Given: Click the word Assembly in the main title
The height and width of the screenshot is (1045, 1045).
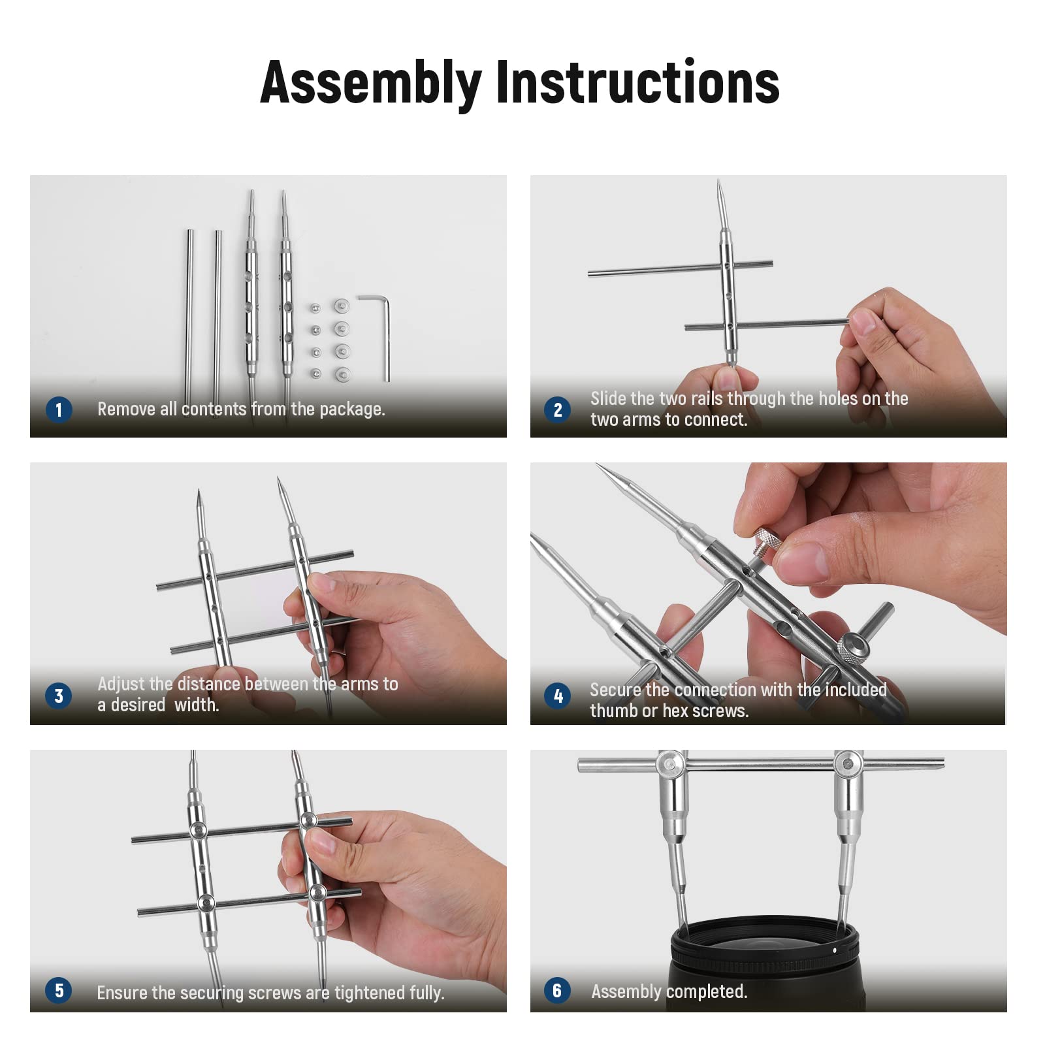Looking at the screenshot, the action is pos(371,83).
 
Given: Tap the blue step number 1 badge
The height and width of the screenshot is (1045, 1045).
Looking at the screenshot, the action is pos(59,410).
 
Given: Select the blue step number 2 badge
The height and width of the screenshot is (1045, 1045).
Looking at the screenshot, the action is pos(557,410).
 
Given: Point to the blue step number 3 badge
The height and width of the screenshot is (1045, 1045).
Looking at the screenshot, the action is pos(59,696).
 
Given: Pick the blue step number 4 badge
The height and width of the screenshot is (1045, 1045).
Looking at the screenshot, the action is pos(557,696).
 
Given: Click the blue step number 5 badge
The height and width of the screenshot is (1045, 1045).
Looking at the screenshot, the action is pos(59,990).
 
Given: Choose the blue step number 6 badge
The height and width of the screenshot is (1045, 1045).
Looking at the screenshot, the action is pos(557,990).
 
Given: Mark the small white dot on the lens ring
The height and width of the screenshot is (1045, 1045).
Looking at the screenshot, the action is pos(834,950).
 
